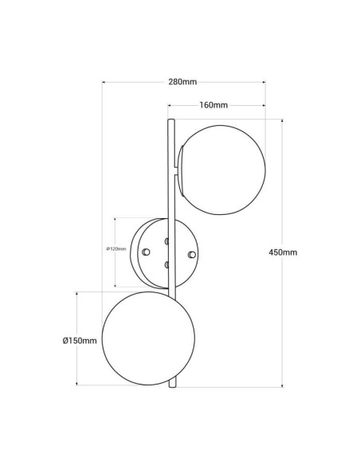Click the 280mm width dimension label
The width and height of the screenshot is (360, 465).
tap(183, 82)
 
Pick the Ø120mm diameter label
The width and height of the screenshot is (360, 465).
tap(117, 249)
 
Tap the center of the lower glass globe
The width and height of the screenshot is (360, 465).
tap(141, 338)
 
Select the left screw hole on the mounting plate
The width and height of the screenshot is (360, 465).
tap(145, 252)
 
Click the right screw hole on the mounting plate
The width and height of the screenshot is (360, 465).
tap(191, 253)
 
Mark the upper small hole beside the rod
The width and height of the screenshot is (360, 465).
tap(166, 240)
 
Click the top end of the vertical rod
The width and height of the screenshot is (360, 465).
tap(170, 121)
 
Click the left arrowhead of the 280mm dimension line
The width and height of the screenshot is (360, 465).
tap(104, 82)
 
